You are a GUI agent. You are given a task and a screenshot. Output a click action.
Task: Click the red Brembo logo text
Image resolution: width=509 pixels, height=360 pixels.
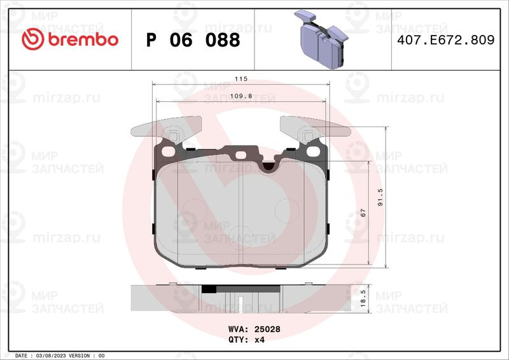(x=83, y=39)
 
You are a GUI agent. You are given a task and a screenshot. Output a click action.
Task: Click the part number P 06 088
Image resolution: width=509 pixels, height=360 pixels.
(x=193, y=40)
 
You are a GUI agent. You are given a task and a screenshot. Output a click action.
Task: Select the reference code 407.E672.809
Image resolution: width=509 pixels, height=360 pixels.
(x=446, y=40)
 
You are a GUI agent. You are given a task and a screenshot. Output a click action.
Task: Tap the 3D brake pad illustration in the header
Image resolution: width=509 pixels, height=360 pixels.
(x=321, y=39)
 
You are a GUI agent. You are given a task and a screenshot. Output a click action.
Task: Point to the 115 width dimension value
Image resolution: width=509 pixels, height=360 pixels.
(x=241, y=79)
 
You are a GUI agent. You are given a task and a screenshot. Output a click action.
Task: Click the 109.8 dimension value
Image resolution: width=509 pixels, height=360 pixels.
(x=241, y=96)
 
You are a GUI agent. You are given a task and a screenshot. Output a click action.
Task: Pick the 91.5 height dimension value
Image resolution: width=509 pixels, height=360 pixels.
(x=380, y=197)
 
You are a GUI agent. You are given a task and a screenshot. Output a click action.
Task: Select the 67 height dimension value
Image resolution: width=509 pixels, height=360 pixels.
(x=363, y=212)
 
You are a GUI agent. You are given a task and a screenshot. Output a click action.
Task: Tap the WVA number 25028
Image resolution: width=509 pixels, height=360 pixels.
(x=267, y=329)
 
